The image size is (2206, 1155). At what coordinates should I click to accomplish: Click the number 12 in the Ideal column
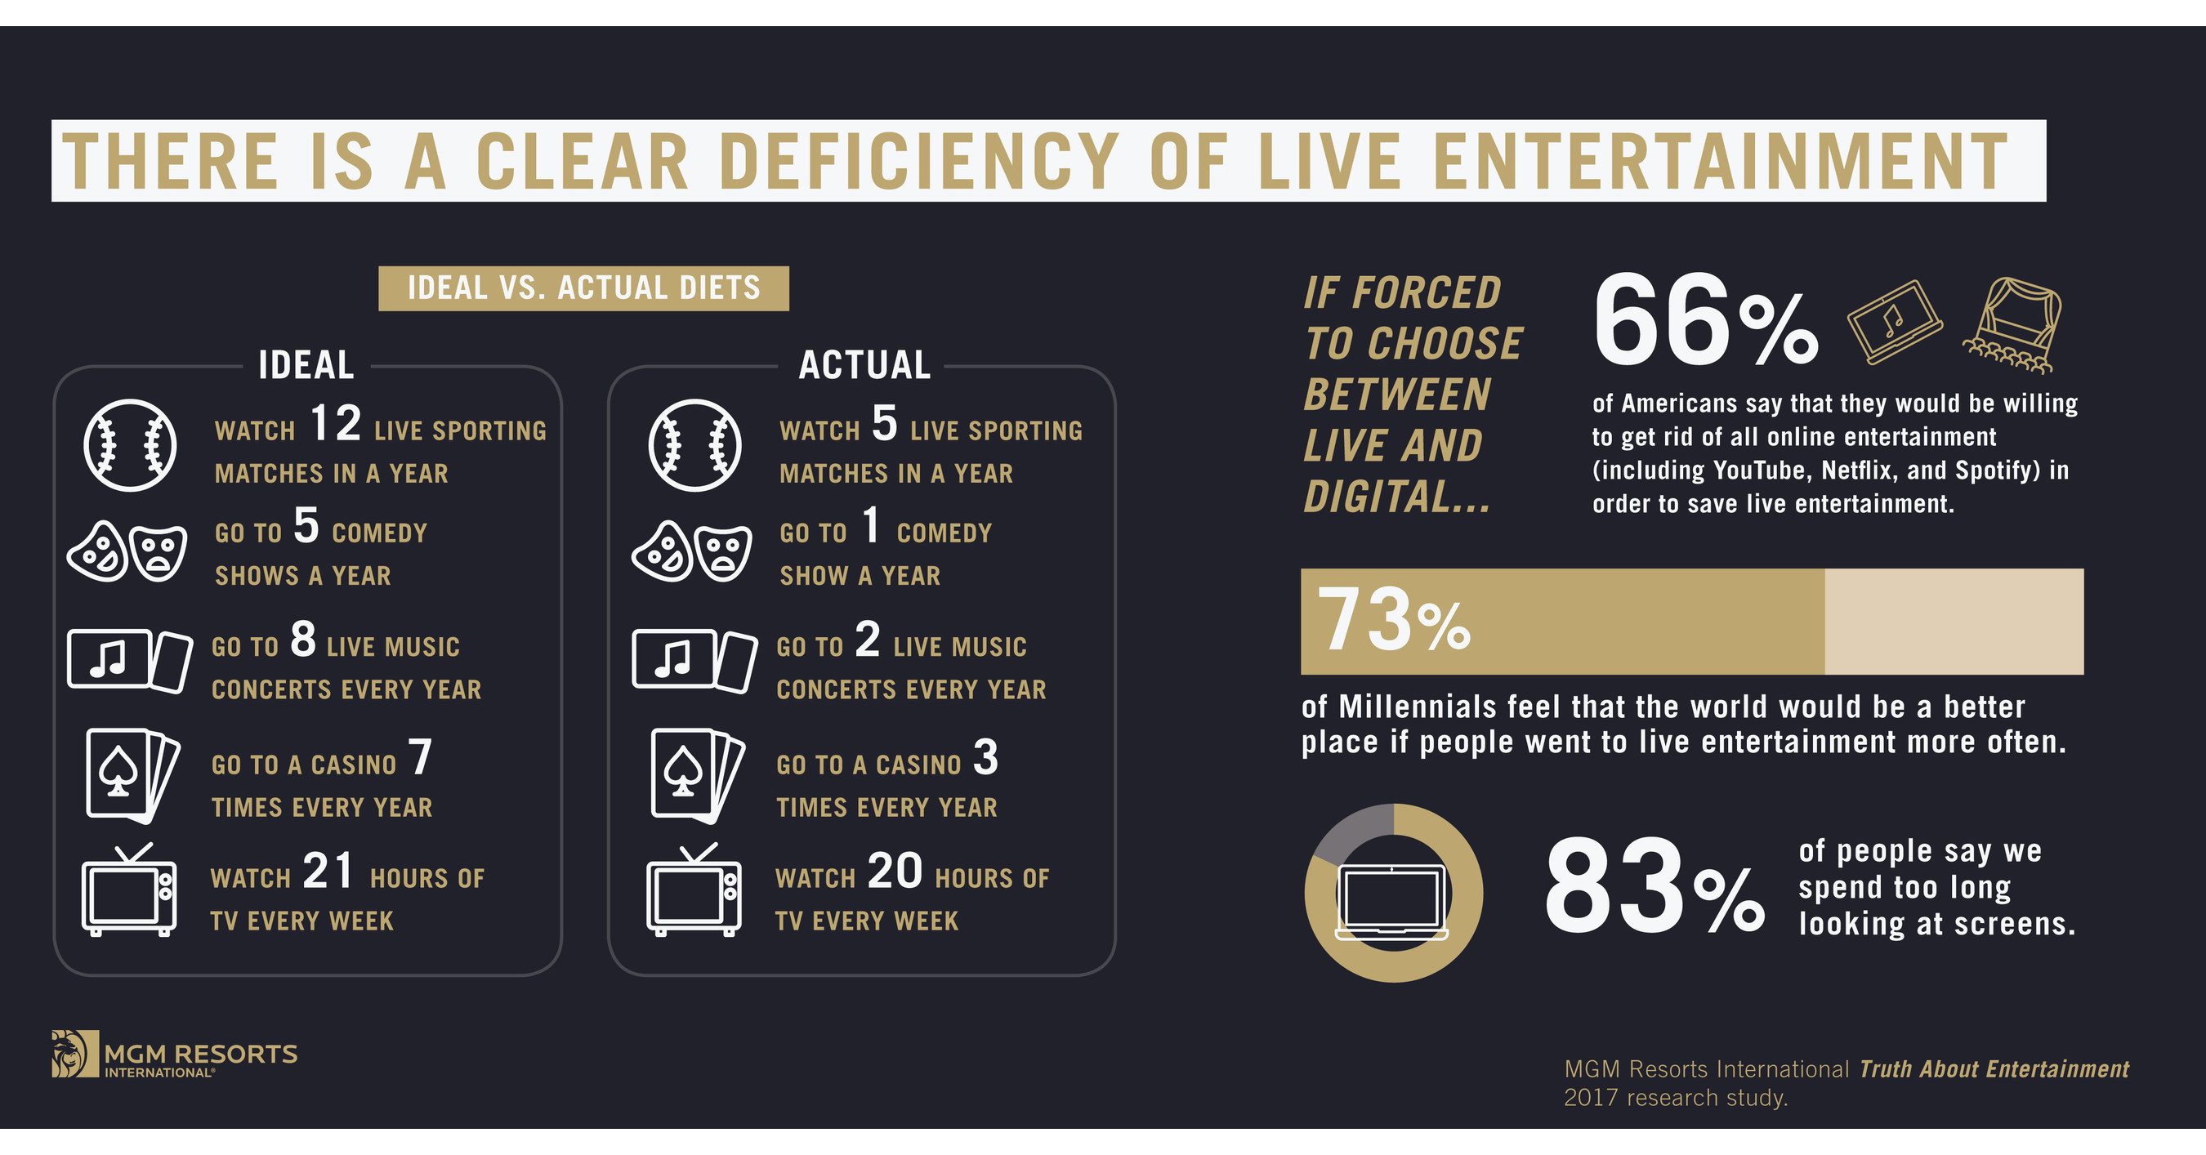click(x=335, y=424)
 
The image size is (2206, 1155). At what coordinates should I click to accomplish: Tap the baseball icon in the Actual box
click(x=694, y=445)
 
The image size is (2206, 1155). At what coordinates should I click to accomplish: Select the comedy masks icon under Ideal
click(x=127, y=551)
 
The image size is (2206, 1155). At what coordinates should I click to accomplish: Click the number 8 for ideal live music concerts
click(x=303, y=640)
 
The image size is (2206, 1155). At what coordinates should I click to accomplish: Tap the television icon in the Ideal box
click(x=128, y=891)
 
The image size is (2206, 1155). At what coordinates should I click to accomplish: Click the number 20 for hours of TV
click(x=894, y=872)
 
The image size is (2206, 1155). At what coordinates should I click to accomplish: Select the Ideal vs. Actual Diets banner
click(x=583, y=288)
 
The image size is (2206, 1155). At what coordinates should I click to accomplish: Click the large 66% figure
click(x=1704, y=322)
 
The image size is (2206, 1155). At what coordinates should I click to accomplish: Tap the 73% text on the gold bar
click(x=1393, y=620)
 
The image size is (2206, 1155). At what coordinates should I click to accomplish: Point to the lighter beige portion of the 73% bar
click(x=1954, y=622)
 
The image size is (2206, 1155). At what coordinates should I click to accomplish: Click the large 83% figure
click(x=1653, y=888)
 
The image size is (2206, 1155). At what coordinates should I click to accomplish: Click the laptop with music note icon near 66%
click(x=1893, y=322)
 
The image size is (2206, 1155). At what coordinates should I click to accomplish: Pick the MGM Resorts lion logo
click(x=74, y=1053)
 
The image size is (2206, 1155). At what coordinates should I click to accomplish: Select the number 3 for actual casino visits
click(x=985, y=758)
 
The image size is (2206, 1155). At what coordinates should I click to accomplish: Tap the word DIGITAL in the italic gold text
click(x=1395, y=497)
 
